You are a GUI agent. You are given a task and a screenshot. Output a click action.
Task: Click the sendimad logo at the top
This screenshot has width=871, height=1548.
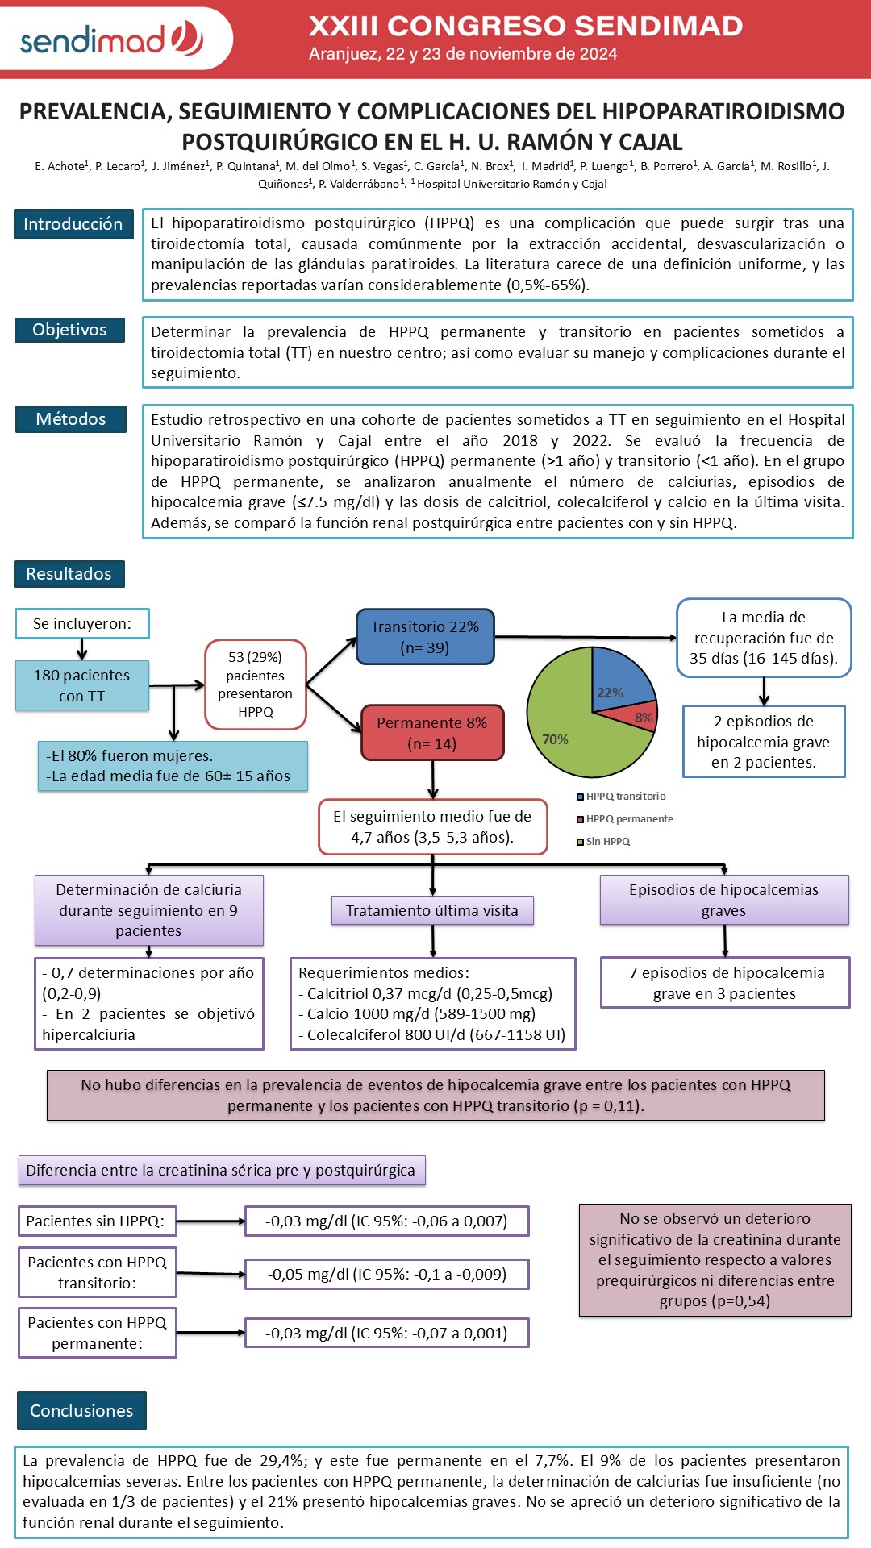coord(112,39)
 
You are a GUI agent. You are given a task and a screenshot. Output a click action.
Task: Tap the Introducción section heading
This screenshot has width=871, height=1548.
coord(73,224)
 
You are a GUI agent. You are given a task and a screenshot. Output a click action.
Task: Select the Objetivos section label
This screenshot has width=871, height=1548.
coord(69,330)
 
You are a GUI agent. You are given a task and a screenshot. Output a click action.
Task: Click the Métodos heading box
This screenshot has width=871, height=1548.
coord(71,419)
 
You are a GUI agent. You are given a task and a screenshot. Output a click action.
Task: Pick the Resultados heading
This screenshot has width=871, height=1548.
coord(69,574)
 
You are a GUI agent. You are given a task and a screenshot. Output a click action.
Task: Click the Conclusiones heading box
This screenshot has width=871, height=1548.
coord(81,1410)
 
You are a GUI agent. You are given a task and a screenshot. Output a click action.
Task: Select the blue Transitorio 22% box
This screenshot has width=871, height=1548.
coord(425,637)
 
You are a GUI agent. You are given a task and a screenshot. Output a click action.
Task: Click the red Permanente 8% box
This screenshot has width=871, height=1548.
coord(432,733)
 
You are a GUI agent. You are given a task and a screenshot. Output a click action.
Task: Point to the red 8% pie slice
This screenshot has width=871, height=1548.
coord(641,716)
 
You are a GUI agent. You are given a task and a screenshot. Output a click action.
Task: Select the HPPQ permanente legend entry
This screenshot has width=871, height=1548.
coord(625,819)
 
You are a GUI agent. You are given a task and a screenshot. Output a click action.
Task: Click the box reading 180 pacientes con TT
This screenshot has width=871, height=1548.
coord(81,685)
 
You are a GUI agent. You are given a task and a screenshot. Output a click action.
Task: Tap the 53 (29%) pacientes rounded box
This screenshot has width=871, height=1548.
coord(256,685)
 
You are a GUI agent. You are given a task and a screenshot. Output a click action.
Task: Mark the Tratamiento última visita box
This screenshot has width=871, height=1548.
coord(432,910)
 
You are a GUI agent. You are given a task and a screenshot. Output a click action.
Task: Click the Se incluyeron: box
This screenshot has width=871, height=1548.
coord(82,623)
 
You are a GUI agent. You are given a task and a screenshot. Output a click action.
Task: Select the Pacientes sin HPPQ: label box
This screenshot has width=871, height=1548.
coord(97,1221)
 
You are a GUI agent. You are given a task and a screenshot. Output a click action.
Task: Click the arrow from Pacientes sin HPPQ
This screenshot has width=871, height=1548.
coord(211,1221)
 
